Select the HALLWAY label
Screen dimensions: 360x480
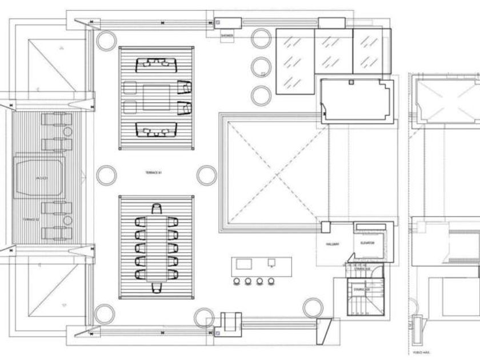(x=333, y=244)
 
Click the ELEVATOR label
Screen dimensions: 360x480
(x=367, y=243)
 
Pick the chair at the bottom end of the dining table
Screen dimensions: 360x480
(x=156, y=287)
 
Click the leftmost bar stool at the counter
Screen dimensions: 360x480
(x=235, y=281)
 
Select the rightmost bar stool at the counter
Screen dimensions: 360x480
(x=271, y=281)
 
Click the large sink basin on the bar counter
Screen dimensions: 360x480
(x=244, y=263)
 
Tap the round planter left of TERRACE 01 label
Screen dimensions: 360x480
(x=106, y=175)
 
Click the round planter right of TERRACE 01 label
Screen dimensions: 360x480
(x=206, y=175)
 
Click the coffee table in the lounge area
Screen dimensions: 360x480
(x=156, y=97)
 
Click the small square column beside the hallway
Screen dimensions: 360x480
(x=325, y=227)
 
